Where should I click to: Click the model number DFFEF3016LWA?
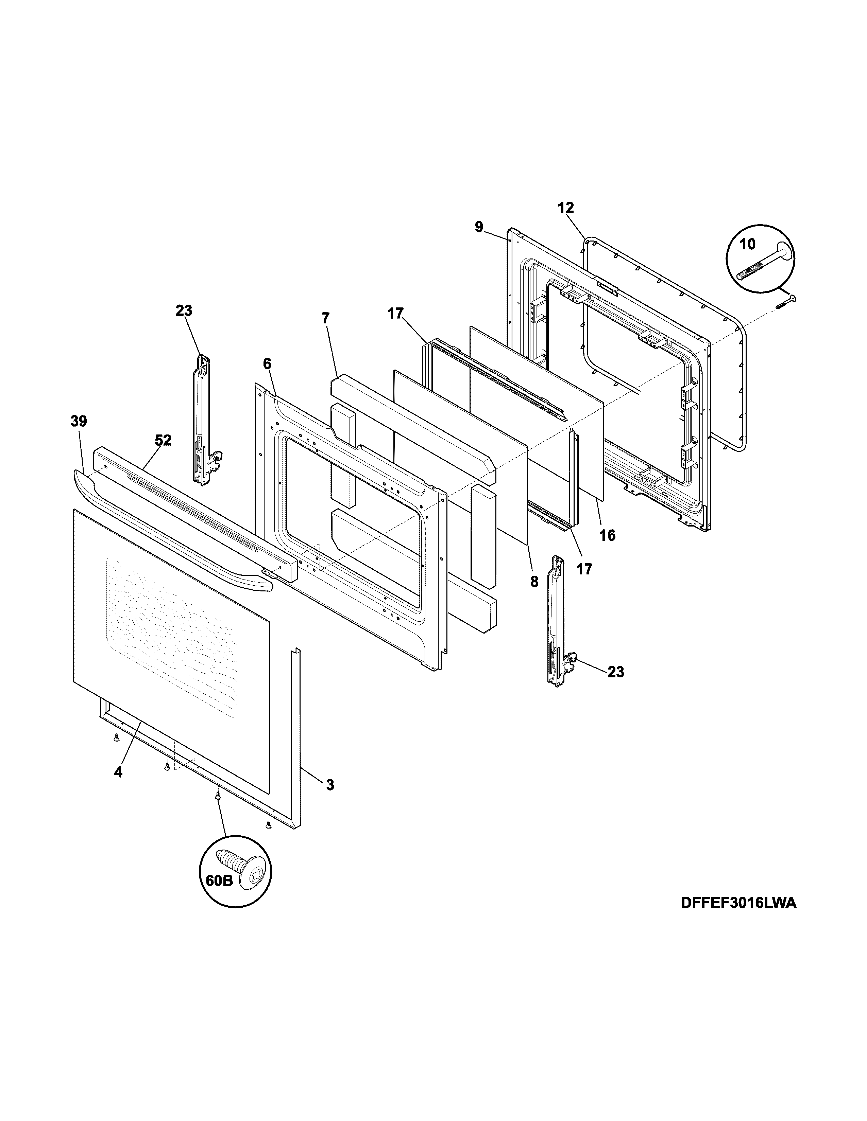coord(738,917)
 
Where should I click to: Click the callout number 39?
coord(79,422)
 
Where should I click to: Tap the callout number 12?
coord(565,208)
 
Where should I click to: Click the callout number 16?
coord(607,535)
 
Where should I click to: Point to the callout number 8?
coord(534,582)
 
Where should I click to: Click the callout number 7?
coord(326,318)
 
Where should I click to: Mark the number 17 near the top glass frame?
coord(395,313)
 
